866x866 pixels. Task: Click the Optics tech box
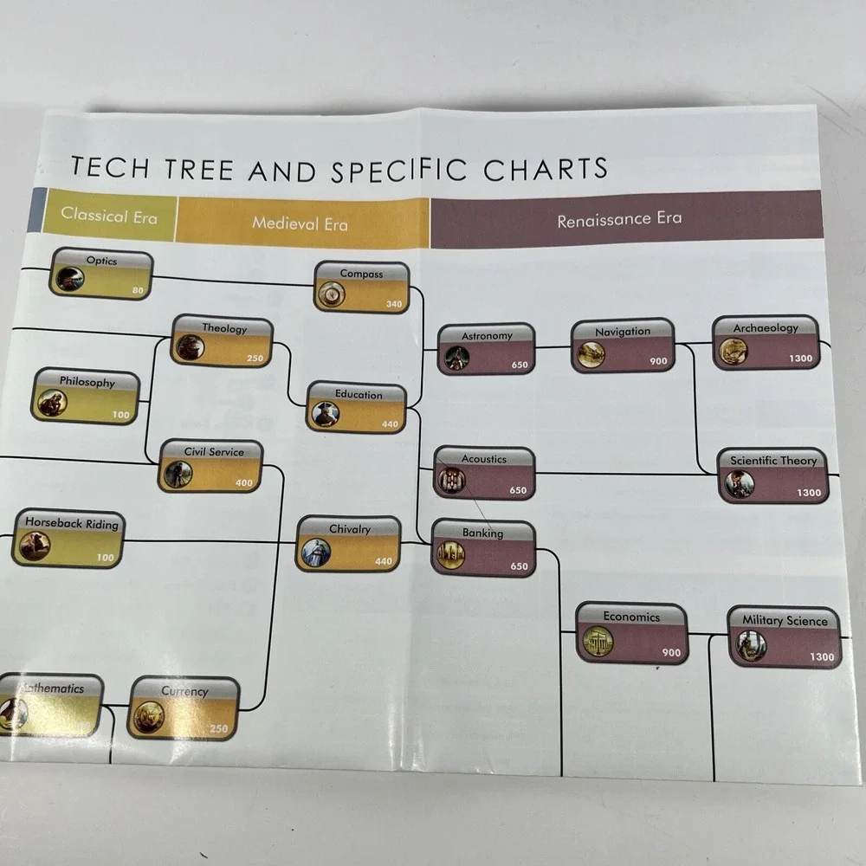click(x=101, y=274)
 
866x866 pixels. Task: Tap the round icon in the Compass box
click(x=332, y=294)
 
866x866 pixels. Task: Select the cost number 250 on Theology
click(x=255, y=358)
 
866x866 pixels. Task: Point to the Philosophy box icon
click(x=53, y=403)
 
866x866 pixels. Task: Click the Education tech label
click(x=359, y=394)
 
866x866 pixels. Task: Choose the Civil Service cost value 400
click(x=244, y=482)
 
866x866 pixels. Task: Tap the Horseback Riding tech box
click(x=68, y=538)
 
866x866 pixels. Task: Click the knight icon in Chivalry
click(x=316, y=553)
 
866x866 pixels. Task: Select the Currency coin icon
click(x=149, y=716)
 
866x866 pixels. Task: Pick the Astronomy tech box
click(x=486, y=349)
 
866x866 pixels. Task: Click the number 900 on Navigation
click(x=658, y=360)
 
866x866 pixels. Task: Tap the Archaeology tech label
click(x=766, y=327)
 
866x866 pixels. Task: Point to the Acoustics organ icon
click(x=451, y=480)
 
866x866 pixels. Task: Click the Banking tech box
click(x=483, y=548)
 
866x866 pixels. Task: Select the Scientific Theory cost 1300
click(x=809, y=492)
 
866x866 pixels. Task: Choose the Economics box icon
click(x=598, y=641)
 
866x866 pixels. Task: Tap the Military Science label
click(x=785, y=620)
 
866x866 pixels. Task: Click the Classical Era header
click(x=109, y=215)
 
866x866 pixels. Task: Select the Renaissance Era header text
click(x=619, y=219)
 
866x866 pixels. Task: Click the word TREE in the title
click(x=199, y=168)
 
